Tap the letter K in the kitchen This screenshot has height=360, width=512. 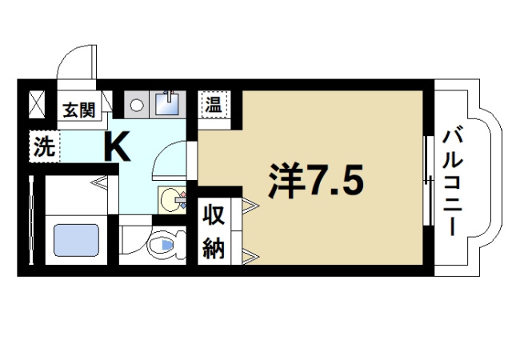click(x=117, y=146)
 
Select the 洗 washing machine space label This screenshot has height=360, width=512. click(x=44, y=146)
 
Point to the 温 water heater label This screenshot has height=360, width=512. click(x=214, y=104)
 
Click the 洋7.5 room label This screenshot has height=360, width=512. click(x=314, y=183)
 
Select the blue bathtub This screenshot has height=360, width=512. click(x=76, y=240)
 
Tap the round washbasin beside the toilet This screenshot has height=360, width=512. click(x=170, y=197)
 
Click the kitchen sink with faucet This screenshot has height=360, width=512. click(x=166, y=105)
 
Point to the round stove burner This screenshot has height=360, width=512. click(x=137, y=105)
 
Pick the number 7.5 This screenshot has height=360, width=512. click(x=337, y=183)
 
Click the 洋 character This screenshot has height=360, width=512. click(x=284, y=183)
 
